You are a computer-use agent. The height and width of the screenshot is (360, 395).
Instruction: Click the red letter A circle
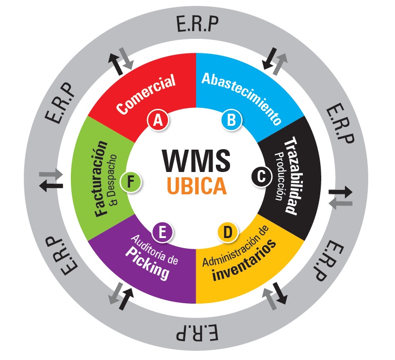click(157, 120)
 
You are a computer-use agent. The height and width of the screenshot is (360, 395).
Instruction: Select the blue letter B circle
click(231, 120)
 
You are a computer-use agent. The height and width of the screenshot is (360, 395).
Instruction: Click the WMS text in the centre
click(196, 161)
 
